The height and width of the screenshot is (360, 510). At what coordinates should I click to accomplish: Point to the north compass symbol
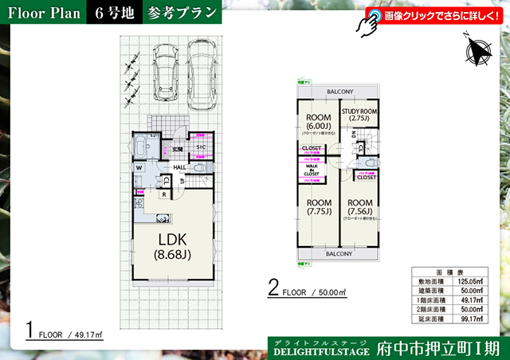pos(478,53)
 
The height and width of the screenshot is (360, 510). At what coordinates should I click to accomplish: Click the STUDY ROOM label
pos(358,114)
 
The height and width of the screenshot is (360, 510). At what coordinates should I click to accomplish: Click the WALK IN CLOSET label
pos(311,170)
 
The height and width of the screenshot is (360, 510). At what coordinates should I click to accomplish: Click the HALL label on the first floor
pos(179,167)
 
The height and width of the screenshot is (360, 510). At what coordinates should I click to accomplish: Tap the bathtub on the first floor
pos(140,148)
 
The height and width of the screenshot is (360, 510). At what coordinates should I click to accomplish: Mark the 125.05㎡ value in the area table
pos(468,280)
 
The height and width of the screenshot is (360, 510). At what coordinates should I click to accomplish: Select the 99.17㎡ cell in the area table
pos(469,318)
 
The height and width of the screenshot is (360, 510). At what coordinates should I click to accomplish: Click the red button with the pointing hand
pos(431,16)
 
